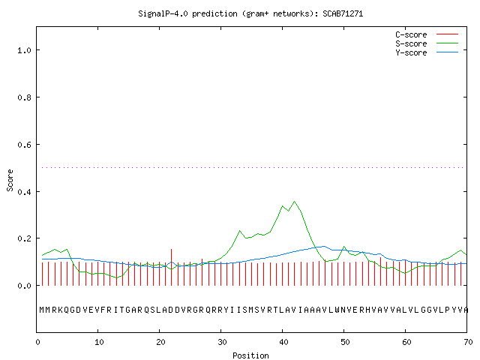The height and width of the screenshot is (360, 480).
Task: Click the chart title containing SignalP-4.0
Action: coord(250,13)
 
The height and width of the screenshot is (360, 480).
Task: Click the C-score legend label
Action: coord(411,34)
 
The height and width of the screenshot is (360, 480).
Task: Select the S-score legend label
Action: coord(411,43)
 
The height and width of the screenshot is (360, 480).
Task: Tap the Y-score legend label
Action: coord(411,52)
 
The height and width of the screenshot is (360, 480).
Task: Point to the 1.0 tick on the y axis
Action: coord(25,50)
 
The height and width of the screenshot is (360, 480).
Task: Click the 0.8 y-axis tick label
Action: coord(25,97)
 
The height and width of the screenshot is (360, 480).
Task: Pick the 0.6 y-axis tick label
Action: coord(25,145)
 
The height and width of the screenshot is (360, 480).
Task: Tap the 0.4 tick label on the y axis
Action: coord(25,192)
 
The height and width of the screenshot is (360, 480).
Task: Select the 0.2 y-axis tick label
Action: coord(25,238)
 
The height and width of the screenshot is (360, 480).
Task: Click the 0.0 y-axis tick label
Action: coord(25,286)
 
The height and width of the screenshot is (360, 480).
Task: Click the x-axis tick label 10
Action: coord(99,342)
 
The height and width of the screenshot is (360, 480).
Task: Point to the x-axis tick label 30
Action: coord(222,342)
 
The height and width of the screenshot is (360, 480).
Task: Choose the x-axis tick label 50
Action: coord(345,342)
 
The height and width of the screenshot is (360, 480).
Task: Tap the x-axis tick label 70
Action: coord(468,342)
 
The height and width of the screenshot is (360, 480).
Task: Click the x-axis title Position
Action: coord(250,355)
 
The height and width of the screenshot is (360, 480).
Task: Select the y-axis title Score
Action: coord(10,180)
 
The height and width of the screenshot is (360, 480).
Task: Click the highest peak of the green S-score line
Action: coord(295,202)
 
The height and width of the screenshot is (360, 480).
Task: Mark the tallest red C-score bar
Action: coord(172,267)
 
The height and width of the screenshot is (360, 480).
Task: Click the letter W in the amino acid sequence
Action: coord(337,310)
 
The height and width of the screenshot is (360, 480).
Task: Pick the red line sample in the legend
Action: coord(447,34)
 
